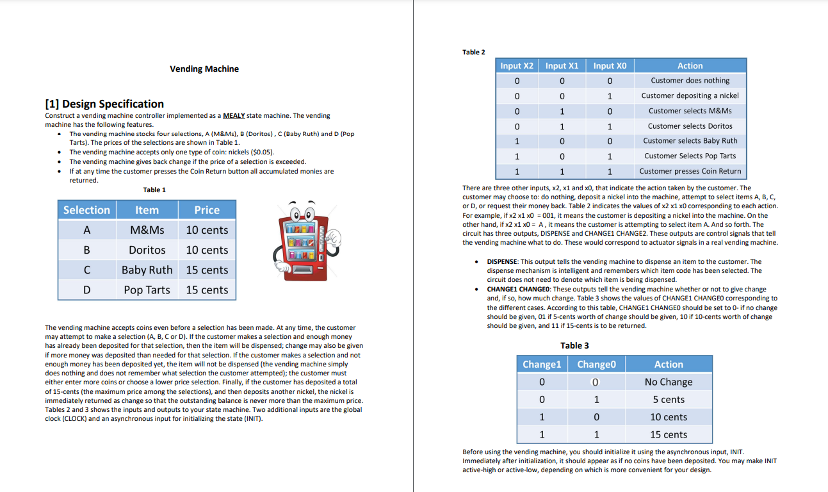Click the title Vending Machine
click(x=204, y=69)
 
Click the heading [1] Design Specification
click(x=104, y=104)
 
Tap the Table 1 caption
click(x=154, y=190)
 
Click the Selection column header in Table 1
click(x=86, y=210)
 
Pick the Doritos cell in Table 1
click(x=147, y=250)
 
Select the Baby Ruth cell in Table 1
click(x=147, y=270)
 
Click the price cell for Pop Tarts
click(x=207, y=290)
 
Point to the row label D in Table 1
click(x=86, y=290)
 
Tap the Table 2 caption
click(x=473, y=52)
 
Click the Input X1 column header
click(x=562, y=65)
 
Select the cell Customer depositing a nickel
click(x=690, y=95)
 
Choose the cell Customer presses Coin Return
click(x=690, y=171)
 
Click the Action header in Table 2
click(x=690, y=65)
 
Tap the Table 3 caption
click(x=574, y=345)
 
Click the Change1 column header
click(x=542, y=364)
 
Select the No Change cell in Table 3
click(x=669, y=382)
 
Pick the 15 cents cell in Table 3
click(x=669, y=434)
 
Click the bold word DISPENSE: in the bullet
click(x=503, y=261)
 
